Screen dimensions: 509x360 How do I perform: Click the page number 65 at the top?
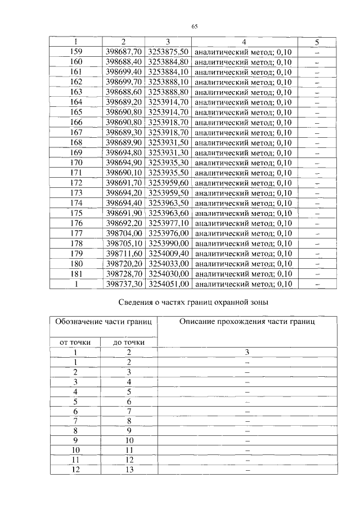click(195, 26)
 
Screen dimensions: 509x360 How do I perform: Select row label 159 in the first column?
click(76, 52)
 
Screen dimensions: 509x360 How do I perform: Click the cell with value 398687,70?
click(123, 52)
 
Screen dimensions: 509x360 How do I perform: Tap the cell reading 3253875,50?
click(168, 52)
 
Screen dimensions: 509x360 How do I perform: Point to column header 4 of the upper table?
click(244, 42)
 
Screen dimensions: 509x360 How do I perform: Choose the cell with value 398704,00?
click(123, 233)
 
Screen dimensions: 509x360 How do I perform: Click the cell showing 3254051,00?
click(168, 284)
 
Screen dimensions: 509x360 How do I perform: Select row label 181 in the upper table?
click(76, 274)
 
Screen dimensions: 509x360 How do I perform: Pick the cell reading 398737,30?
click(123, 284)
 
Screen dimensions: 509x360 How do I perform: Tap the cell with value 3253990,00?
click(168, 244)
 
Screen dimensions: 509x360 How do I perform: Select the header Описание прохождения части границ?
click(247, 322)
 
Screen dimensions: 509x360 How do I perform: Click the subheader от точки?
click(75, 342)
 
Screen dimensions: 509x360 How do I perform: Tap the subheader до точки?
click(129, 342)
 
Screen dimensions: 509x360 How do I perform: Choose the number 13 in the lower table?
click(129, 470)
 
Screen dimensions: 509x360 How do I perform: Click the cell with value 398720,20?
click(123, 264)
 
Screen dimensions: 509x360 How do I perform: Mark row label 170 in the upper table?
click(76, 163)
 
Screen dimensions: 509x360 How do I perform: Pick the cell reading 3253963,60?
click(168, 213)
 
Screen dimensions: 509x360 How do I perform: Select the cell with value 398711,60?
click(123, 254)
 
